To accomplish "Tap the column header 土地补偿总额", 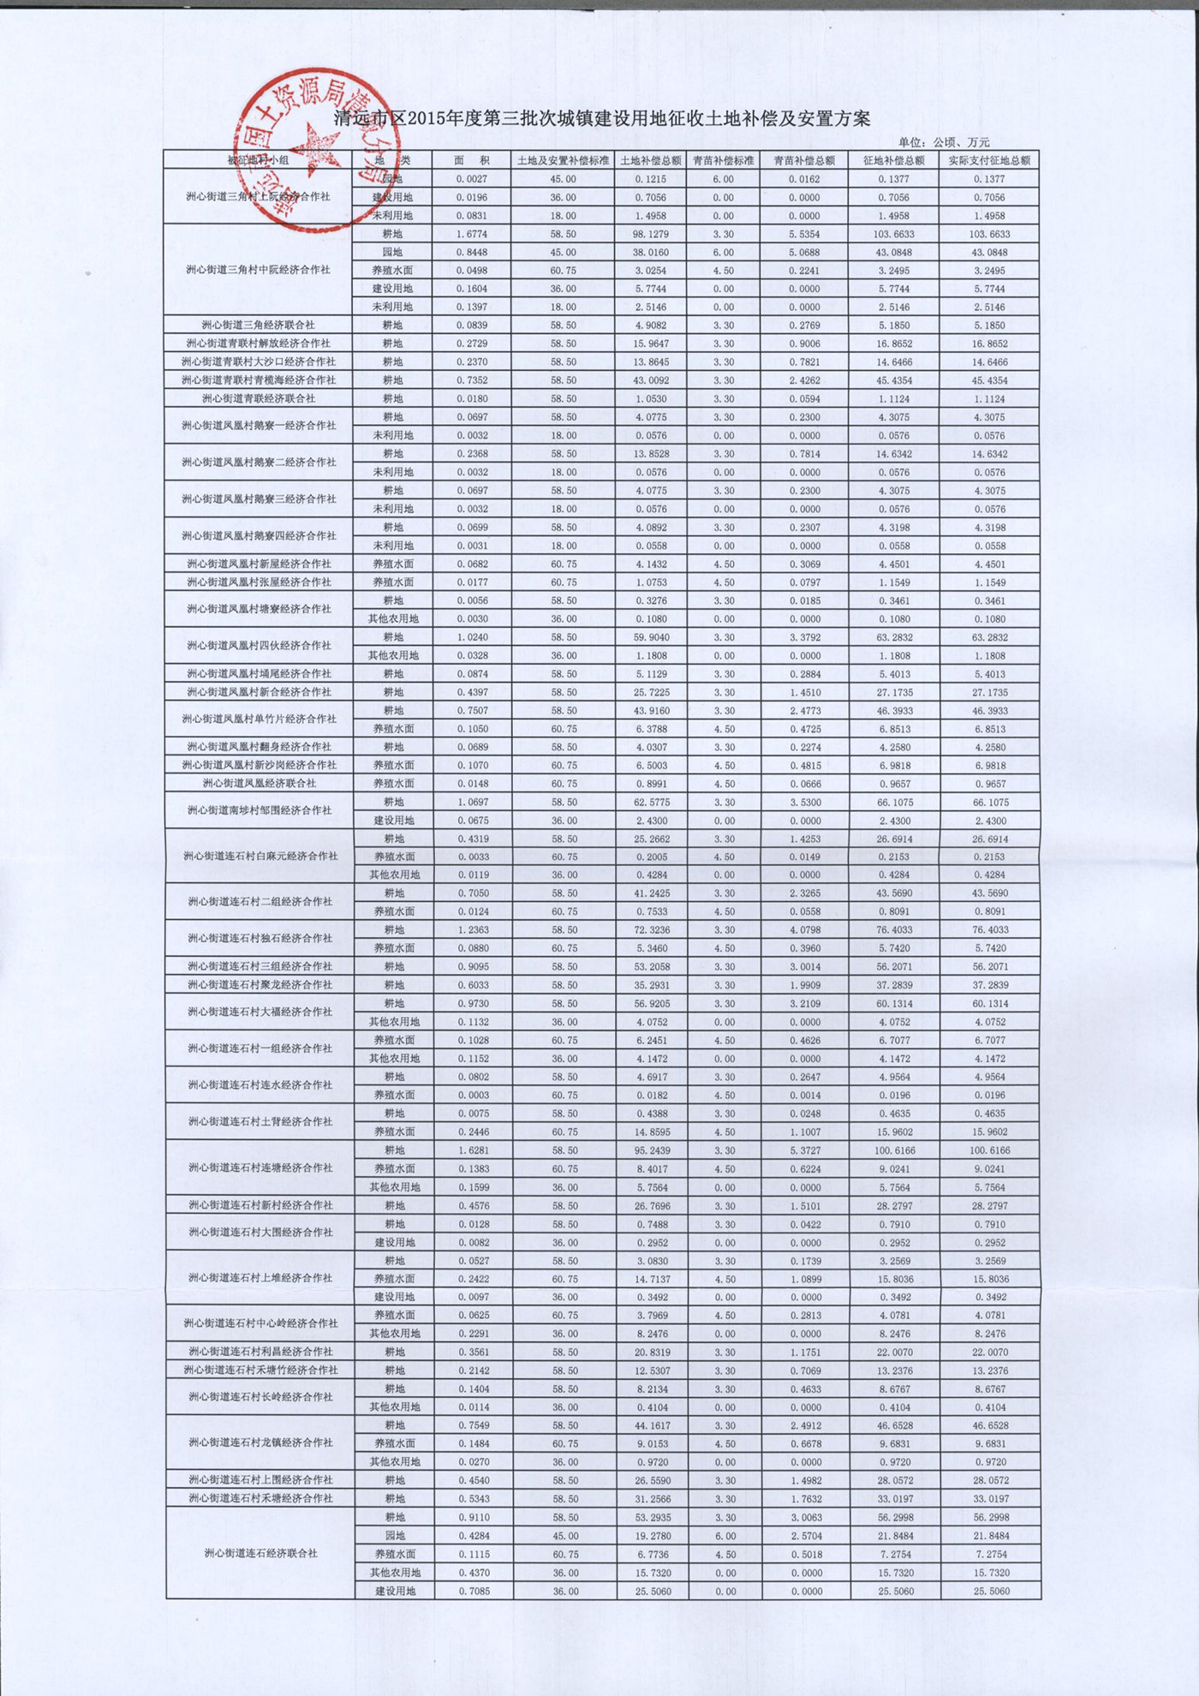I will click(650, 160).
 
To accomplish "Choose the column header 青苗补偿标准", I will click(723, 160).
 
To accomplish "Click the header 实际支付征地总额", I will click(989, 160).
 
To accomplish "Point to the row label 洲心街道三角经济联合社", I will click(258, 325).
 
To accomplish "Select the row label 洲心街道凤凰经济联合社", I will click(259, 784).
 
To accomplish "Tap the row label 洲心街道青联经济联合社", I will click(258, 399).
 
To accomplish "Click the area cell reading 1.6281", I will click(473, 1150).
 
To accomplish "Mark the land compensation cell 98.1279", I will click(651, 234).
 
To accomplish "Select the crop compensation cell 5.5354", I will click(803, 234).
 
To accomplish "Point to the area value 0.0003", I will click(473, 1096).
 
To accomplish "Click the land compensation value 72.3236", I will click(652, 930).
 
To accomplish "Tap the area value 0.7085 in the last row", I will click(473, 1591).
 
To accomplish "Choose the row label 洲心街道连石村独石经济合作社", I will click(259, 939).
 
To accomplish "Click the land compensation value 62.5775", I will click(652, 803).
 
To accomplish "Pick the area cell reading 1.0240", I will click(472, 637).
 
